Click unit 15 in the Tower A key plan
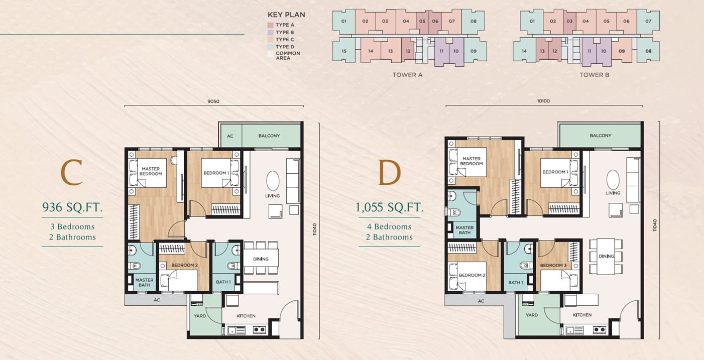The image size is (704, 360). coord(344,51)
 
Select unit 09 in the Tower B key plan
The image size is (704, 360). coord(622,51)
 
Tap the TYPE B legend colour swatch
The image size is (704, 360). coord(270,32)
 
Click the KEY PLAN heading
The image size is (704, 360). coord(286,15)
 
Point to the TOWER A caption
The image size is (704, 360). coord(407,75)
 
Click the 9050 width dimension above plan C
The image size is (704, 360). coord(213,101)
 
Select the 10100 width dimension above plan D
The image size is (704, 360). coord(543,101)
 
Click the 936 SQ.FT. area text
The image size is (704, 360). coord(72,207)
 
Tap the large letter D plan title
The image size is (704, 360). coord(389,172)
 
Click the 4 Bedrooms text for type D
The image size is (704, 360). coord(389,226)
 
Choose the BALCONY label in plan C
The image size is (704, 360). coord(269,136)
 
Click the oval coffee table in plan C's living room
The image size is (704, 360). coord(273,181)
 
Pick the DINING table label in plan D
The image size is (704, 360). coord(606,257)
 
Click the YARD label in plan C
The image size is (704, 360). coord(200,316)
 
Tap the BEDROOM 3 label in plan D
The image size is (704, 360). coord(553,266)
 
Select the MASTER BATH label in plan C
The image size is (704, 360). coord(144,282)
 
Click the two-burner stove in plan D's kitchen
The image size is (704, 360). coord(600,329)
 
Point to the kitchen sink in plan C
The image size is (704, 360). coord(237,330)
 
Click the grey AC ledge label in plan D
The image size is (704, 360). coord(481,301)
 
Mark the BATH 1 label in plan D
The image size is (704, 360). coord(516,282)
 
